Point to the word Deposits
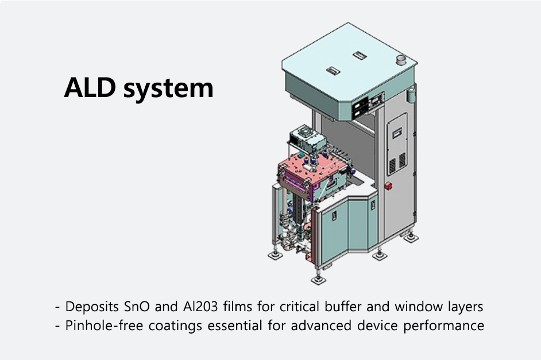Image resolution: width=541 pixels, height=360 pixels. [x=90, y=306]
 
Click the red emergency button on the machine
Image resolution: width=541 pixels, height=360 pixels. [x=388, y=185]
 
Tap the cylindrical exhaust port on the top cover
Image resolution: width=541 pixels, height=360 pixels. [x=400, y=60]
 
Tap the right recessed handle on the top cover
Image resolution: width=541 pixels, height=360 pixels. [x=360, y=56]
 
